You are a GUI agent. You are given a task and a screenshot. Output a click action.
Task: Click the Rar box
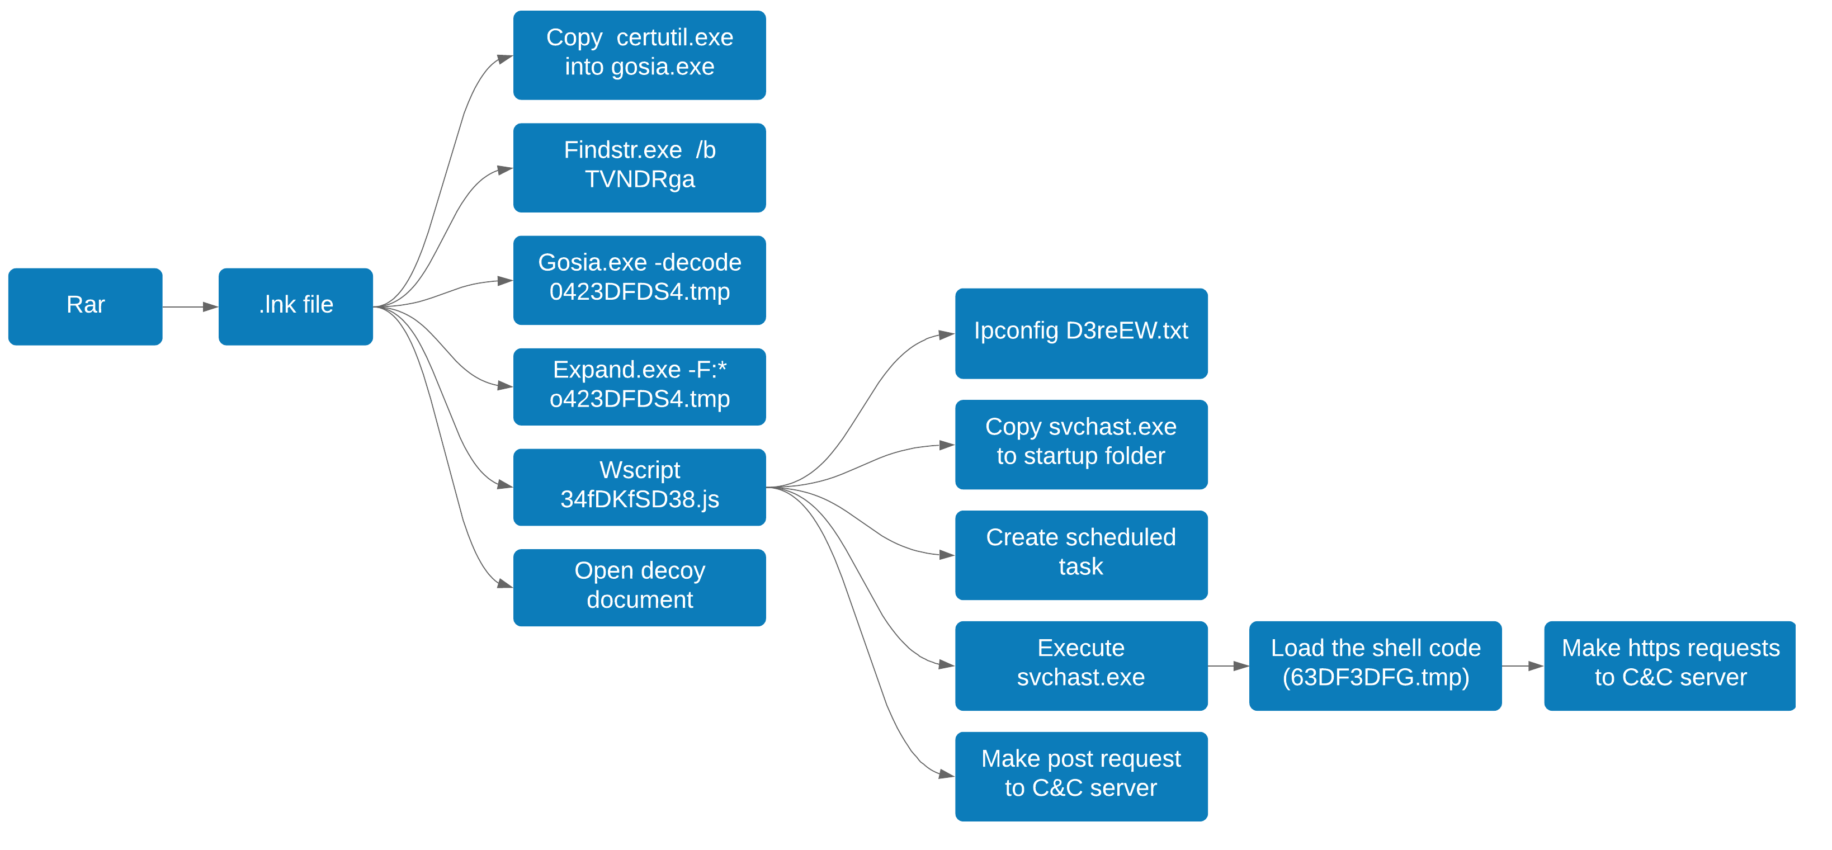[86, 306]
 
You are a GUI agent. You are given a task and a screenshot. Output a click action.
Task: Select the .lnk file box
[295, 306]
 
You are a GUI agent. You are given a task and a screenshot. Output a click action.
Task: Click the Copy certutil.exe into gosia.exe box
[639, 55]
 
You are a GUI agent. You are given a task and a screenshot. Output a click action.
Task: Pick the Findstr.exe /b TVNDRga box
[639, 168]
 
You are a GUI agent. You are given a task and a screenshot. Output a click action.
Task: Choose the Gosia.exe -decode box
[639, 280]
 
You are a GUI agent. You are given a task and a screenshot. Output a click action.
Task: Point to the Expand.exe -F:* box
[639, 387]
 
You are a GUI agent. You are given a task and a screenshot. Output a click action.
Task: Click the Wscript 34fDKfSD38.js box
[639, 487]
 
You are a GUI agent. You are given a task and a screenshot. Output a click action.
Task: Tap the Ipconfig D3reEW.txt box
[1081, 333]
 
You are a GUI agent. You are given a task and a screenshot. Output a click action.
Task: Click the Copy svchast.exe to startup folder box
[1081, 444]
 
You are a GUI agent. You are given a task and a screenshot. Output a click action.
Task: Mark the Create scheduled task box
[1081, 555]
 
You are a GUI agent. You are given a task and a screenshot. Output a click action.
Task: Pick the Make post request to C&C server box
[1081, 776]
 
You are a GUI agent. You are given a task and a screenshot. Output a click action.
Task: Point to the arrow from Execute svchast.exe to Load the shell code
[1228, 666]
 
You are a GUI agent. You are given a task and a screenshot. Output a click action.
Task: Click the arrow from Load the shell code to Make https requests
[1523, 666]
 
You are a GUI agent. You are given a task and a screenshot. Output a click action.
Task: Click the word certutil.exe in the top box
[674, 37]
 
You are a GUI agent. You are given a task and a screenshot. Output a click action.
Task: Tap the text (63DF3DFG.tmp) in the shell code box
[1376, 677]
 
